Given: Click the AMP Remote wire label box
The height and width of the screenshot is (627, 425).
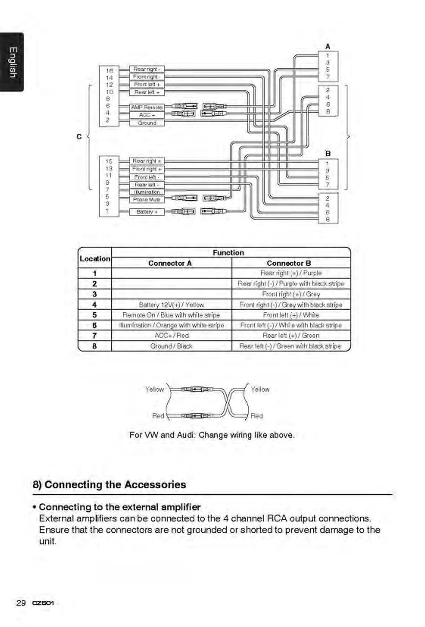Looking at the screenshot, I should pyautogui.click(x=147, y=107).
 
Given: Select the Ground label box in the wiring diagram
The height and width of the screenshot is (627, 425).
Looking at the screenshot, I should pyautogui.click(x=147, y=123).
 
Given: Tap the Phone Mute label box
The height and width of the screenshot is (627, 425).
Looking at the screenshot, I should pyautogui.click(x=147, y=200).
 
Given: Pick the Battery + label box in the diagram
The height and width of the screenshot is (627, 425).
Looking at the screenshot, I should pyautogui.click(x=147, y=212).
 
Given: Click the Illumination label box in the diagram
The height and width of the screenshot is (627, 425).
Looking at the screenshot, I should pyautogui.click(x=147, y=192).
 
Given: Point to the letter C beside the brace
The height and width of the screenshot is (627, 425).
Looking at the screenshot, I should pyautogui.click(x=79, y=137).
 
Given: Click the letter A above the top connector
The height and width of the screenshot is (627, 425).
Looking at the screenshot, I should pyautogui.click(x=327, y=47).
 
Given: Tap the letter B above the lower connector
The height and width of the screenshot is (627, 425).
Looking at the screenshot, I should pyautogui.click(x=327, y=154).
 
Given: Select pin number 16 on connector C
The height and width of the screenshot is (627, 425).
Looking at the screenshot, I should pyautogui.click(x=109, y=70).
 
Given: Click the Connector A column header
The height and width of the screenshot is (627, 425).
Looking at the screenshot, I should pyautogui.click(x=170, y=263).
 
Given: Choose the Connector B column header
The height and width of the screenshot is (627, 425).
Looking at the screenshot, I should pyautogui.click(x=289, y=263).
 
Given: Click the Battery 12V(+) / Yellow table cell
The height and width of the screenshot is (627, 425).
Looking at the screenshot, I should pyautogui.click(x=171, y=305).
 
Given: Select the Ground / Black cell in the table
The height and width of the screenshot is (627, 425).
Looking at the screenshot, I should pyautogui.click(x=171, y=346).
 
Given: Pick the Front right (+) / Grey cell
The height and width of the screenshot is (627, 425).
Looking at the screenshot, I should pyautogui.click(x=291, y=294).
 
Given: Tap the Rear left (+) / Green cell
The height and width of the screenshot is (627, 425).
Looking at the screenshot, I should pyautogui.click(x=291, y=335).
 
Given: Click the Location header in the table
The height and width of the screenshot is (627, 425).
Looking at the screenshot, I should pyautogui.click(x=95, y=258).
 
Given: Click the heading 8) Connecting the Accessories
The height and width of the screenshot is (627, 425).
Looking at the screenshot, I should pyautogui.click(x=109, y=485).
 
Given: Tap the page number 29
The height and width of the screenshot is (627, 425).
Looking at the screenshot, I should pyautogui.click(x=21, y=603).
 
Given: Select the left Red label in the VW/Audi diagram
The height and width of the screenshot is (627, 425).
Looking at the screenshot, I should pyautogui.click(x=158, y=416).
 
